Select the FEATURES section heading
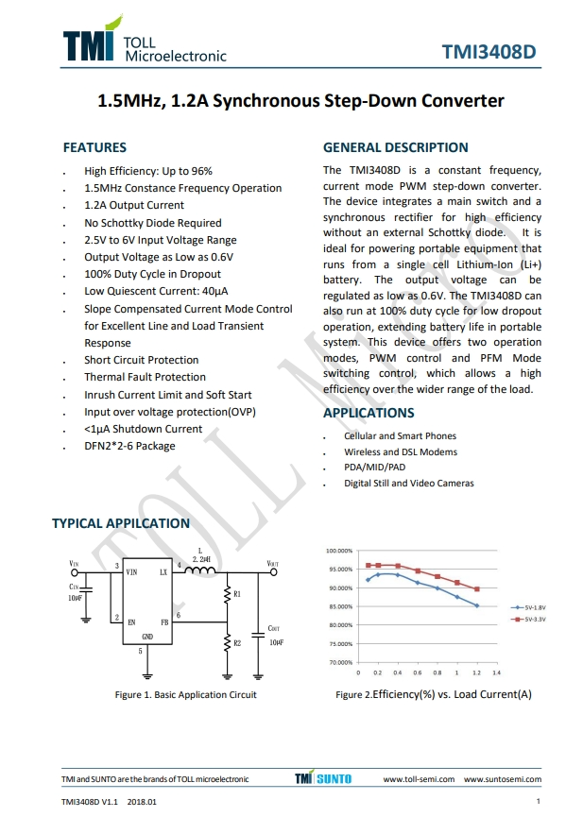pyautogui.click(x=94, y=147)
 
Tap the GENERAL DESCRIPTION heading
pyautogui.click(x=395, y=147)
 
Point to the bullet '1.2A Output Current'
pyautogui.click(x=134, y=205)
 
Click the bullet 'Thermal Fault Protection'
pyautogui.click(x=145, y=377)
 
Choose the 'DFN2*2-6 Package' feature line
pyautogui.click(x=129, y=446)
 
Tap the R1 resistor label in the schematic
pyautogui.click(x=237, y=594)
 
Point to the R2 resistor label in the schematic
pyautogui.click(x=237, y=643)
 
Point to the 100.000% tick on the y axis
pyautogui.click(x=338, y=550)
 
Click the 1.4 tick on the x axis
pyautogui.click(x=496, y=672)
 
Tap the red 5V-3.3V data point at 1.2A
pyautogui.click(x=477, y=588)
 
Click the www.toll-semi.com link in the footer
pyautogui.click(x=420, y=779)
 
